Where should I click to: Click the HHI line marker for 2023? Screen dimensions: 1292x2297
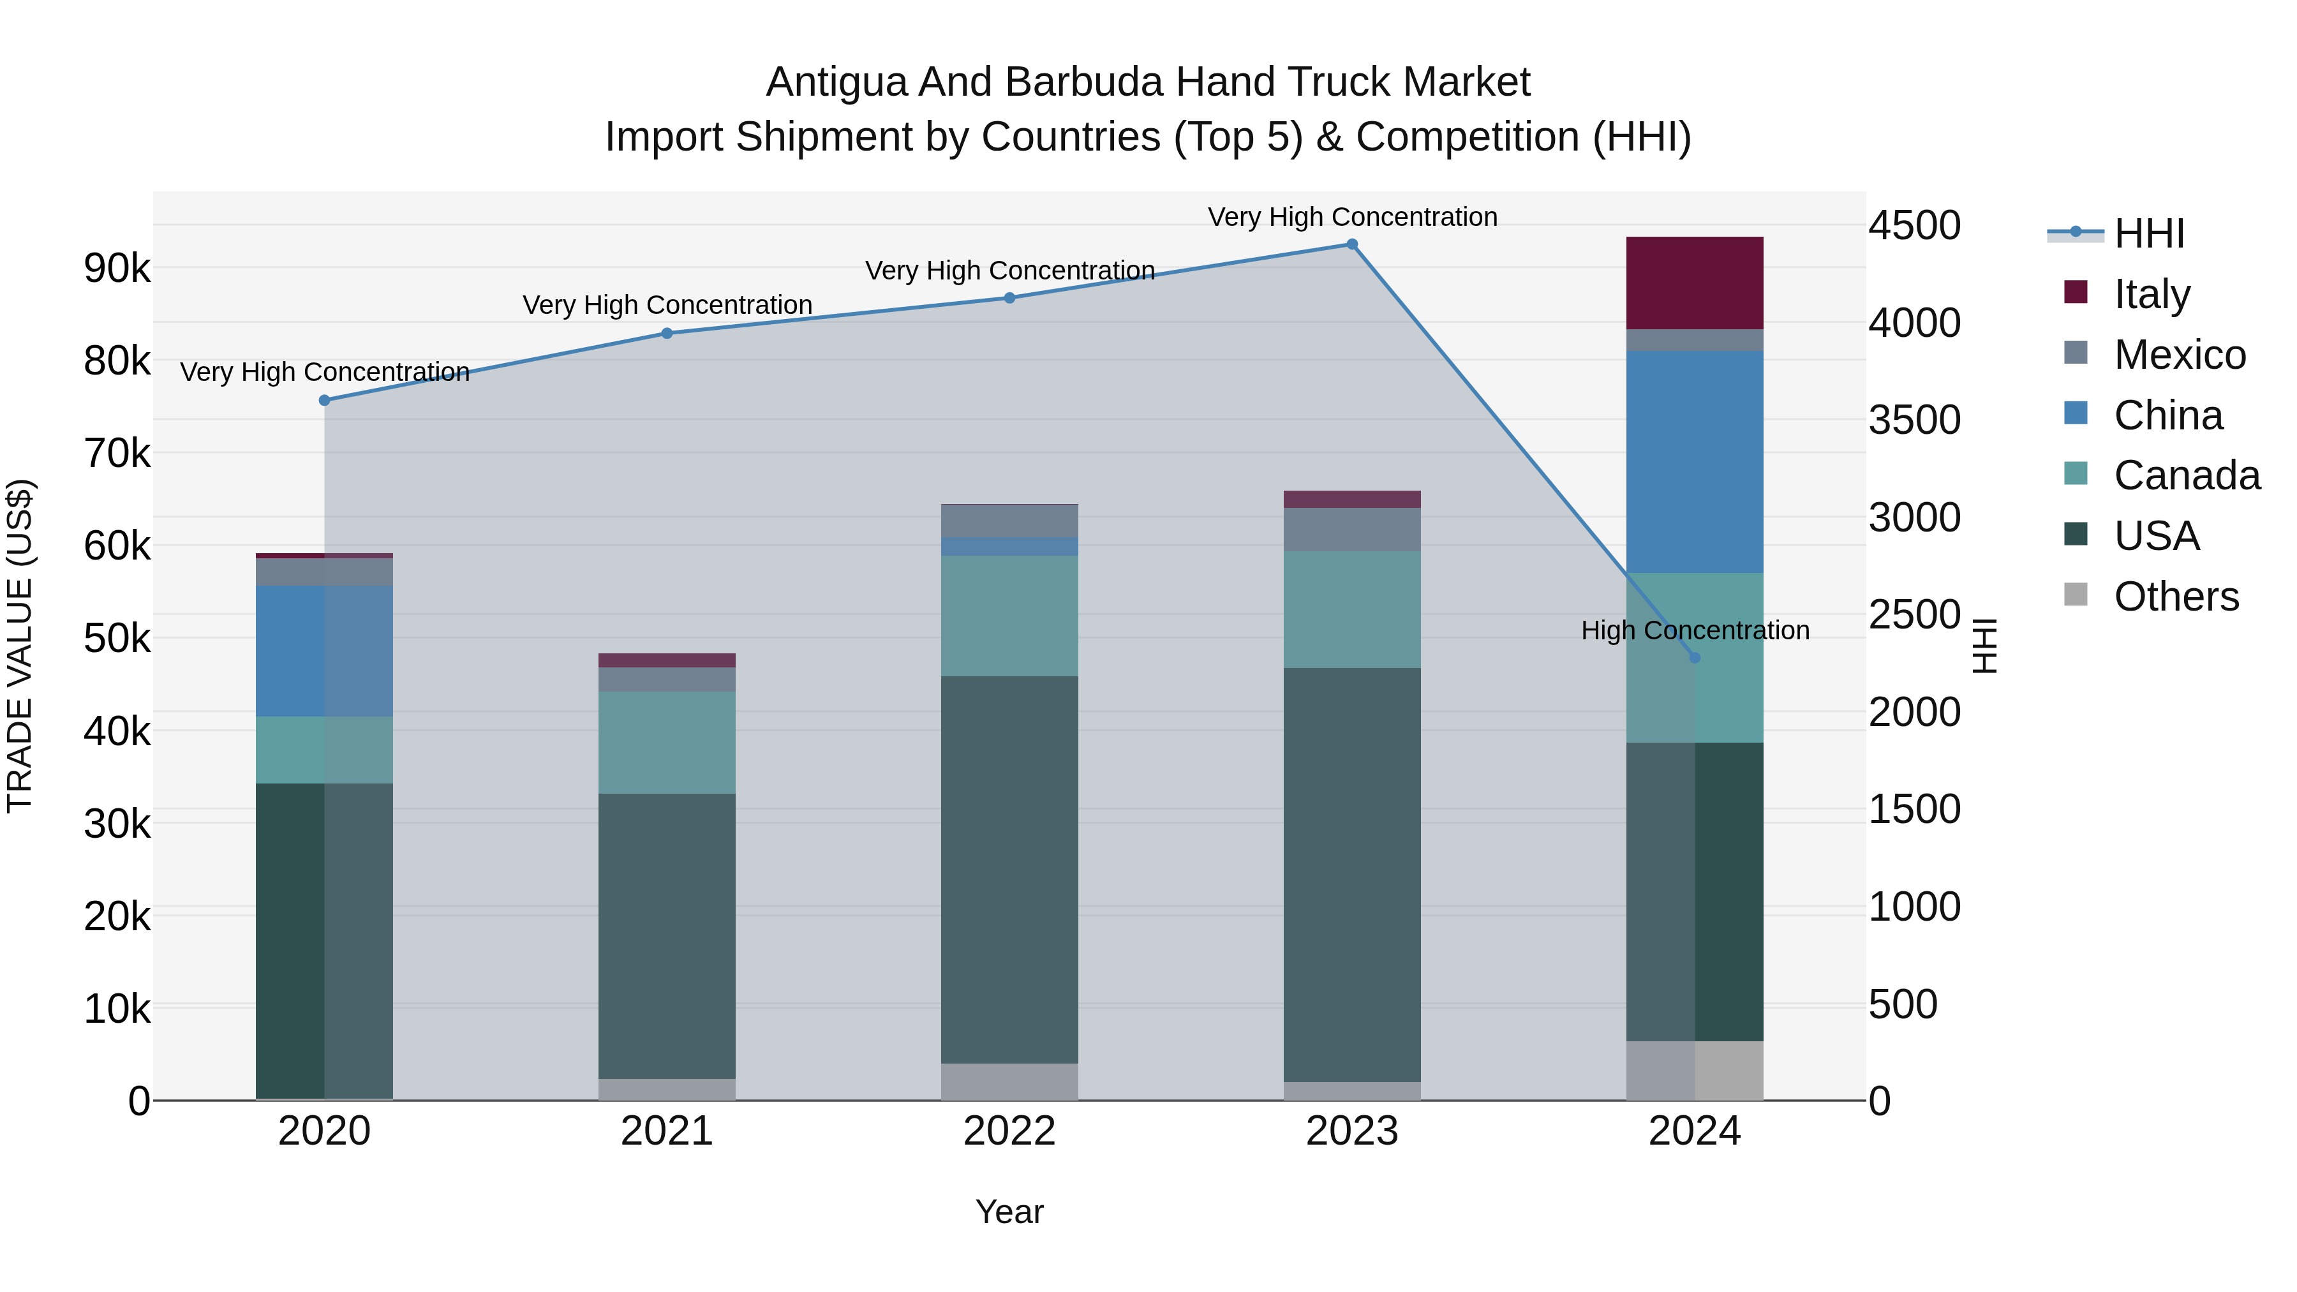click(x=1352, y=244)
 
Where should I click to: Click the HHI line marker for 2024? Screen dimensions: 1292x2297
click(x=1695, y=658)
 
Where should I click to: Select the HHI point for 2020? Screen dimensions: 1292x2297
click(x=325, y=400)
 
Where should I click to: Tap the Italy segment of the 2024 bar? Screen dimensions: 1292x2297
click(x=1695, y=283)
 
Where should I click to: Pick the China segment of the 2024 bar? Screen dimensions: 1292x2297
click(x=1695, y=462)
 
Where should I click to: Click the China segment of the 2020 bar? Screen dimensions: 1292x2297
click(x=325, y=651)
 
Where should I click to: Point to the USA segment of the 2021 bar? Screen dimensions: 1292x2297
click(x=667, y=936)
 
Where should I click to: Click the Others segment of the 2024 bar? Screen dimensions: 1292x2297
click(x=1695, y=1071)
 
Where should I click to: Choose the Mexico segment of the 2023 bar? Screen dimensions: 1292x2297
click(x=1352, y=530)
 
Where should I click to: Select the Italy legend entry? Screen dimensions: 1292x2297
click(x=2151, y=294)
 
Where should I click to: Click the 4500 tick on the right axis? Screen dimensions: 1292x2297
click(x=1914, y=226)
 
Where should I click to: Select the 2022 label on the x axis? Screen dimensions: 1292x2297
click(x=1009, y=1131)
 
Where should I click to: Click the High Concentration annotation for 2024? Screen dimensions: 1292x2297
click(x=1695, y=630)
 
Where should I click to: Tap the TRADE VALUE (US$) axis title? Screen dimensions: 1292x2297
click(x=20, y=646)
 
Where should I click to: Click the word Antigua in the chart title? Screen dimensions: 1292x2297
click(x=835, y=83)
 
